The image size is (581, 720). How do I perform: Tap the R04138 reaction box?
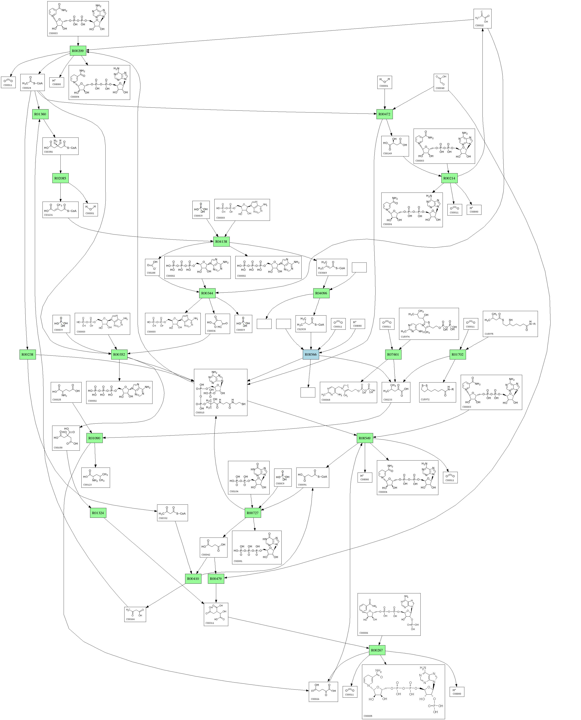click(x=221, y=242)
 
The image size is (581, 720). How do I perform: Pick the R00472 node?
click(x=384, y=114)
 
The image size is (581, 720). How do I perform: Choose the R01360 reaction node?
click(x=40, y=114)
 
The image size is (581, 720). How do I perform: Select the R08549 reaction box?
click(x=364, y=438)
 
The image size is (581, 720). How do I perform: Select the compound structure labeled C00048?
click(x=441, y=82)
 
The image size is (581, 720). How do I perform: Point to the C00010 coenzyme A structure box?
click(x=221, y=393)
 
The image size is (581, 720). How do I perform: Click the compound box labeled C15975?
click(x=510, y=324)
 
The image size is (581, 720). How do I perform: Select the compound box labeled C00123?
click(x=95, y=477)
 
